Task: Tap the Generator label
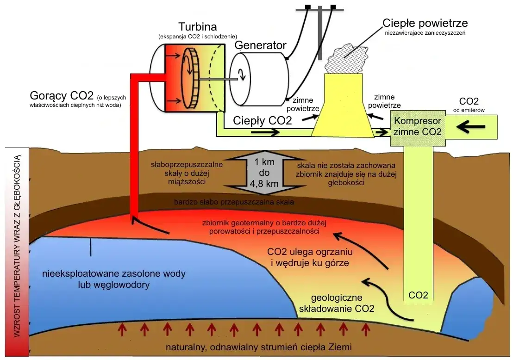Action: click(x=260, y=45)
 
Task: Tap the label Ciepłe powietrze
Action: click(x=425, y=23)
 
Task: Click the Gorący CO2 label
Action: click(x=62, y=96)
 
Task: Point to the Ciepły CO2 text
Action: click(x=263, y=121)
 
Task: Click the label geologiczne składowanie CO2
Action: click(x=343, y=303)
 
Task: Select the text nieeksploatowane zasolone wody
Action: click(x=113, y=273)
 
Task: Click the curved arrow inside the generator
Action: click(x=242, y=74)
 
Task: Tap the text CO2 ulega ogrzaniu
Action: click(x=310, y=252)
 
